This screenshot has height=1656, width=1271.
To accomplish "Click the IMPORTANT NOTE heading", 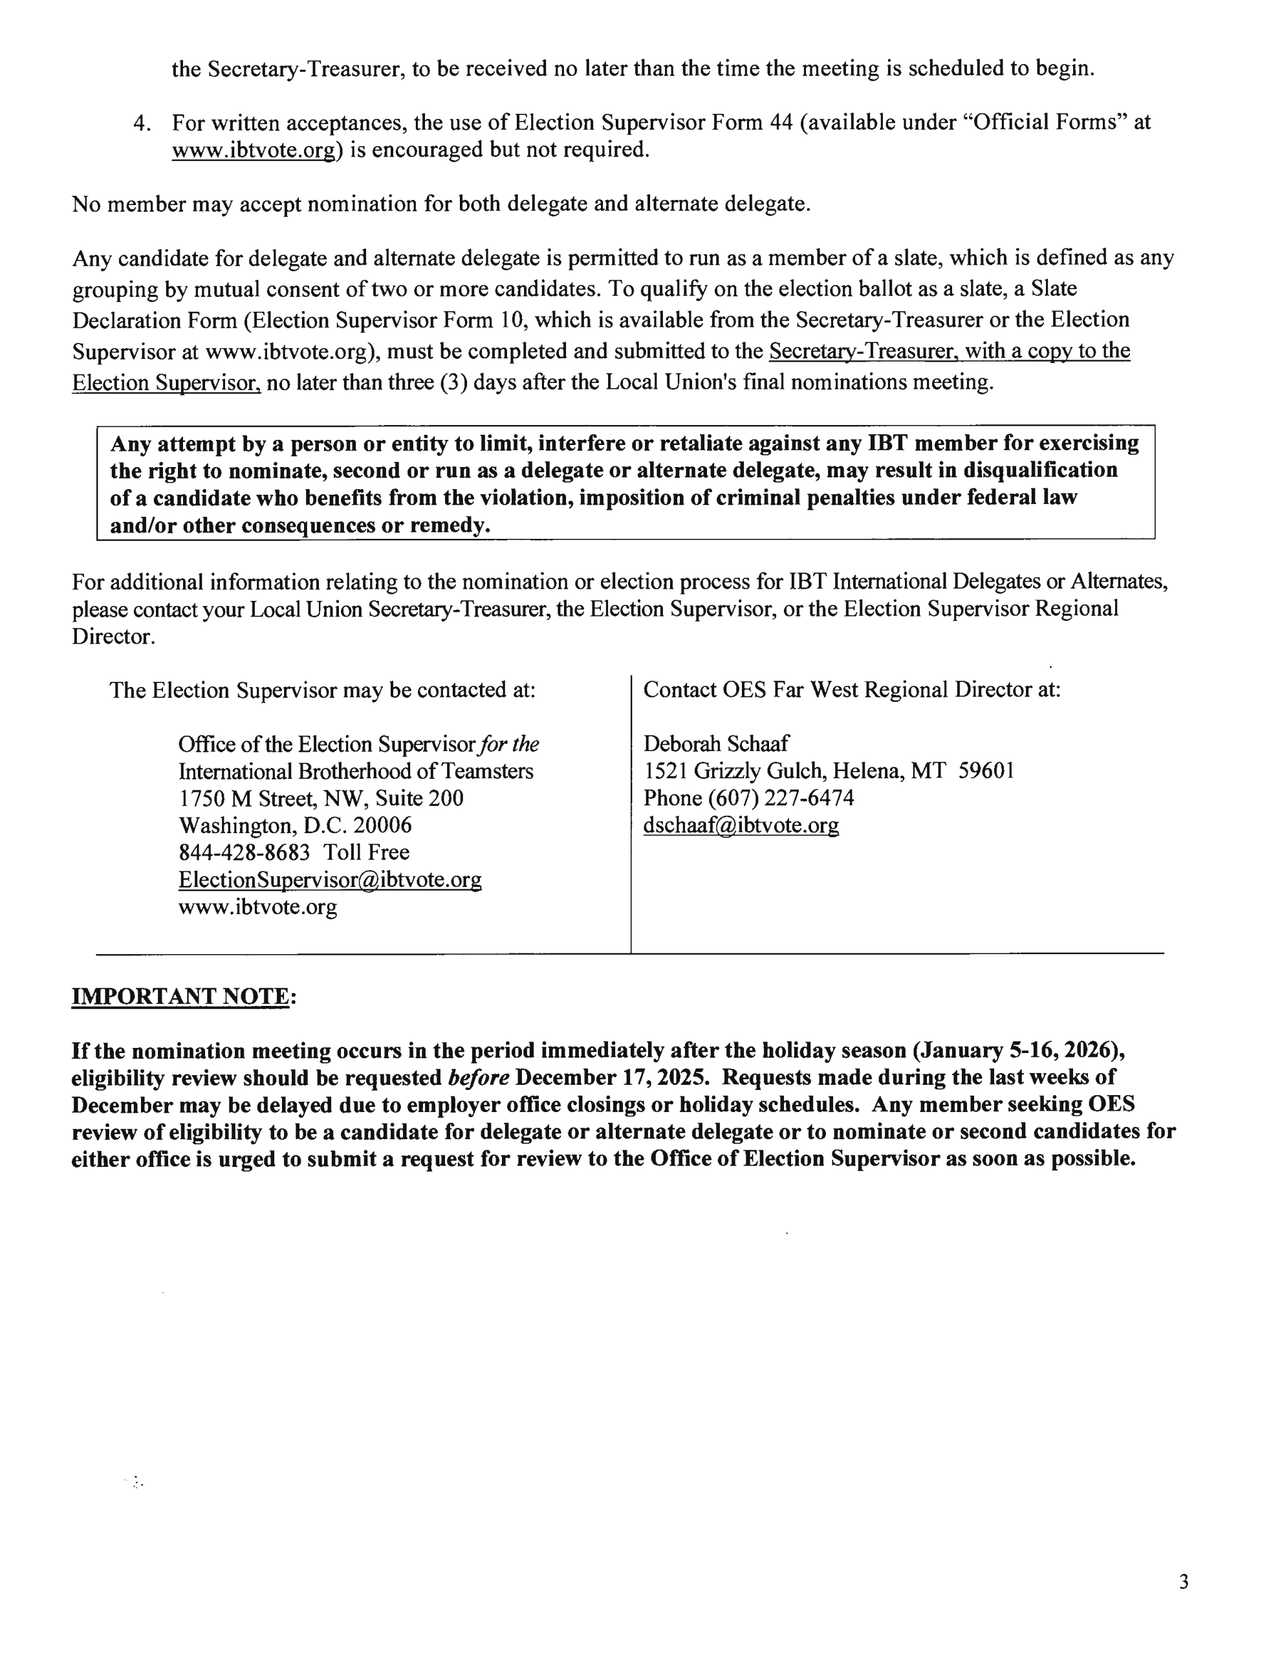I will click(180, 996).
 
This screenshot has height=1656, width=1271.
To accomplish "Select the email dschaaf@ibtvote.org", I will click(741, 825).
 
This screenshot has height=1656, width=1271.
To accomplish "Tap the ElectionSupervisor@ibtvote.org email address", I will click(330, 879).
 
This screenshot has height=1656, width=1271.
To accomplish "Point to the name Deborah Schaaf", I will click(715, 744).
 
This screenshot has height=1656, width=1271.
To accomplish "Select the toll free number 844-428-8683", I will click(244, 852).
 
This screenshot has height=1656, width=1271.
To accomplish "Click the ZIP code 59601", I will click(986, 771).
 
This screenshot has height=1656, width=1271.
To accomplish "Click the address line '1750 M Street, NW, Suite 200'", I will click(321, 798).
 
